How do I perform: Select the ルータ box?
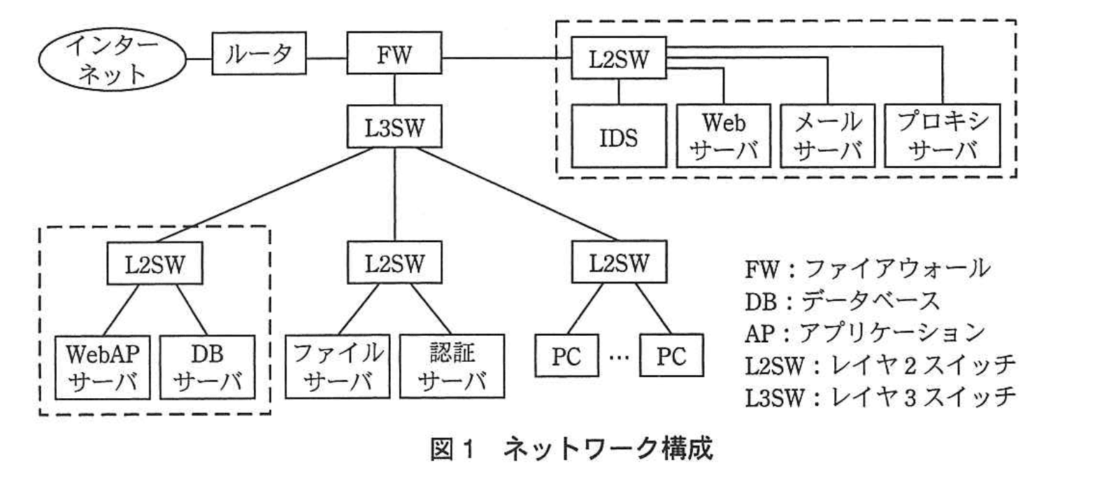coord(259,54)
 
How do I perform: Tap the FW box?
coord(394,54)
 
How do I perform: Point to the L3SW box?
coord(394,127)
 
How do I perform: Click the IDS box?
coord(619,136)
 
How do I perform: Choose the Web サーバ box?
coord(723,136)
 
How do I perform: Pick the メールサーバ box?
coord(827,136)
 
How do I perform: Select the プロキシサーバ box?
coord(942,136)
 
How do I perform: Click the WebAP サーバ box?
coord(103,367)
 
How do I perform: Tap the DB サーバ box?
coord(207,367)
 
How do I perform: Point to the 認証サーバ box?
coord(452,367)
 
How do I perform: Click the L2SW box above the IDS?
coord(619,58)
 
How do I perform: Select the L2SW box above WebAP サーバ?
coord(155,264)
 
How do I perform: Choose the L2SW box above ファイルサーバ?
coord(394,262)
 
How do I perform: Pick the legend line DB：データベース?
coord(843,301)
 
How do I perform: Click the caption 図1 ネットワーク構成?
coord(571,449)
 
